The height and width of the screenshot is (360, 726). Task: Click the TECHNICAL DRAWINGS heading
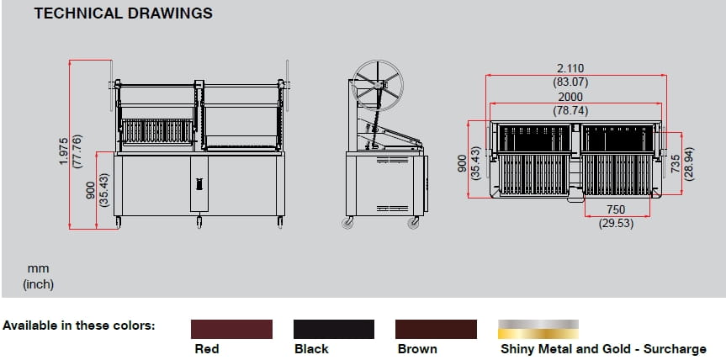[x=123, y=13]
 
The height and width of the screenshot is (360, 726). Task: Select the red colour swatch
[x=231, y=329]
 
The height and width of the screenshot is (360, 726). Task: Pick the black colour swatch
[x=333, y=329]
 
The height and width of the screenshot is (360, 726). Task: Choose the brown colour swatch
[x=436, y=329]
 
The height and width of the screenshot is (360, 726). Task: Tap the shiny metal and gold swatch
[x=538, y=329]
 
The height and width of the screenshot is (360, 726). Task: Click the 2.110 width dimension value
[x=570, y=68]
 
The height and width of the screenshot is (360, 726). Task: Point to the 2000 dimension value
[x=570, y=98]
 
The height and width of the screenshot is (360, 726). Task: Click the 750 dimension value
[x=616, y=209]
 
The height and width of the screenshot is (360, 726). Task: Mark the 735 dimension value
[x=676, y=164]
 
